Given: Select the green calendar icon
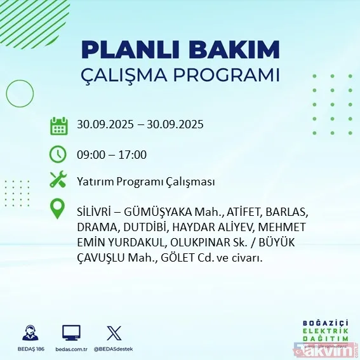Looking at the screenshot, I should (x=58, y=125).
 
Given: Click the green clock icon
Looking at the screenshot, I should (x=58, y=154).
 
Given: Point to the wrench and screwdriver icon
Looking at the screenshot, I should (x=58, y=180).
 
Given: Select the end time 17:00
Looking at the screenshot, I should (x=133, y=154).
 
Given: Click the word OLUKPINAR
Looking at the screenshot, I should (x=204, y=243).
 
